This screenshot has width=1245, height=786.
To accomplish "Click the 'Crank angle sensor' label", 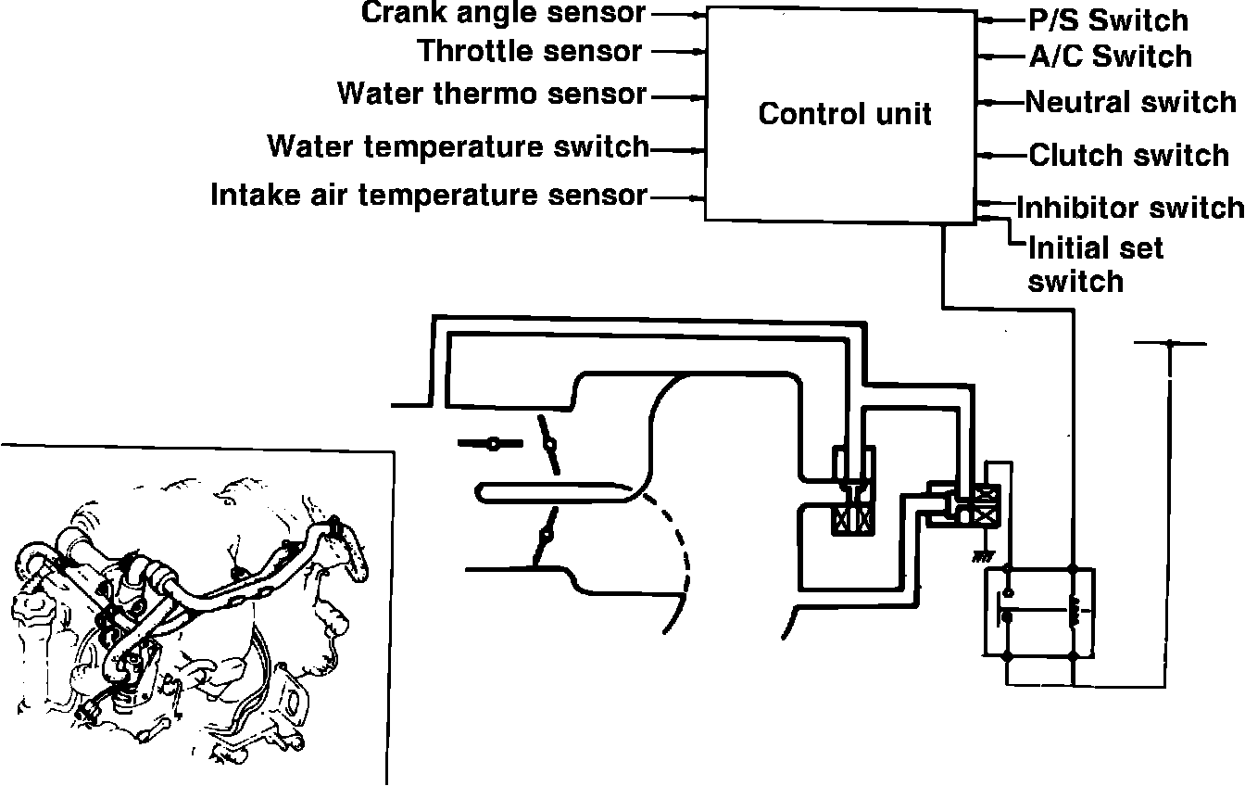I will click(x=504, y=13).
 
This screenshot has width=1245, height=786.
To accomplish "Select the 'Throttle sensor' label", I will click(x=530, y=51).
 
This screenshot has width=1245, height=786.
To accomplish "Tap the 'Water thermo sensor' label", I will click(x=491, y=94).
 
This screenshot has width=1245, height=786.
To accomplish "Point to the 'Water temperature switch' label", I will click(x=459, y=146).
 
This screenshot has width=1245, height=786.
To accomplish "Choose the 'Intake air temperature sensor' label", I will click(x=429, y=196).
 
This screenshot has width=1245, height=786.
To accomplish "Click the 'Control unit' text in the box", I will click(x=844, y=114).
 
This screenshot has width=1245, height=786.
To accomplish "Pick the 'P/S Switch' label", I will click(x=1108, y=19).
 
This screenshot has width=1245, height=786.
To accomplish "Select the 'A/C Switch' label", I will click(x=1110, y=57).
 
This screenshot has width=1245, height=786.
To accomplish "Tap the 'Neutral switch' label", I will click(x=1130, y=101).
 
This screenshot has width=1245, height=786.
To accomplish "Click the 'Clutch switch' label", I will click(x=1128, y=155).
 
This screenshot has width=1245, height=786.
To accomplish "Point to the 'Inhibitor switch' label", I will click(x=1130, y=207).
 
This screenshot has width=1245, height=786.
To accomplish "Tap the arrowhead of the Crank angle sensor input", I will click(x=698, y=15).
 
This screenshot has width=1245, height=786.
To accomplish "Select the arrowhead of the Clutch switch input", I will click(x=989, y=156).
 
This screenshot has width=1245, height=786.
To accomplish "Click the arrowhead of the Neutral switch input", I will click(x=989, y=102).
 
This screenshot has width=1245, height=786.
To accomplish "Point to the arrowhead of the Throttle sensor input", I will click(x=698, y=52).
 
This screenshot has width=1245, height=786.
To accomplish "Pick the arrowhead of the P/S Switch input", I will click(x=989, y=19).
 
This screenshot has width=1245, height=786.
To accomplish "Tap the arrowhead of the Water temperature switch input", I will click(x=698, y=148).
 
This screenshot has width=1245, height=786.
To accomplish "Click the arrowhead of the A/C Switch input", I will click(x=989, y=57).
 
